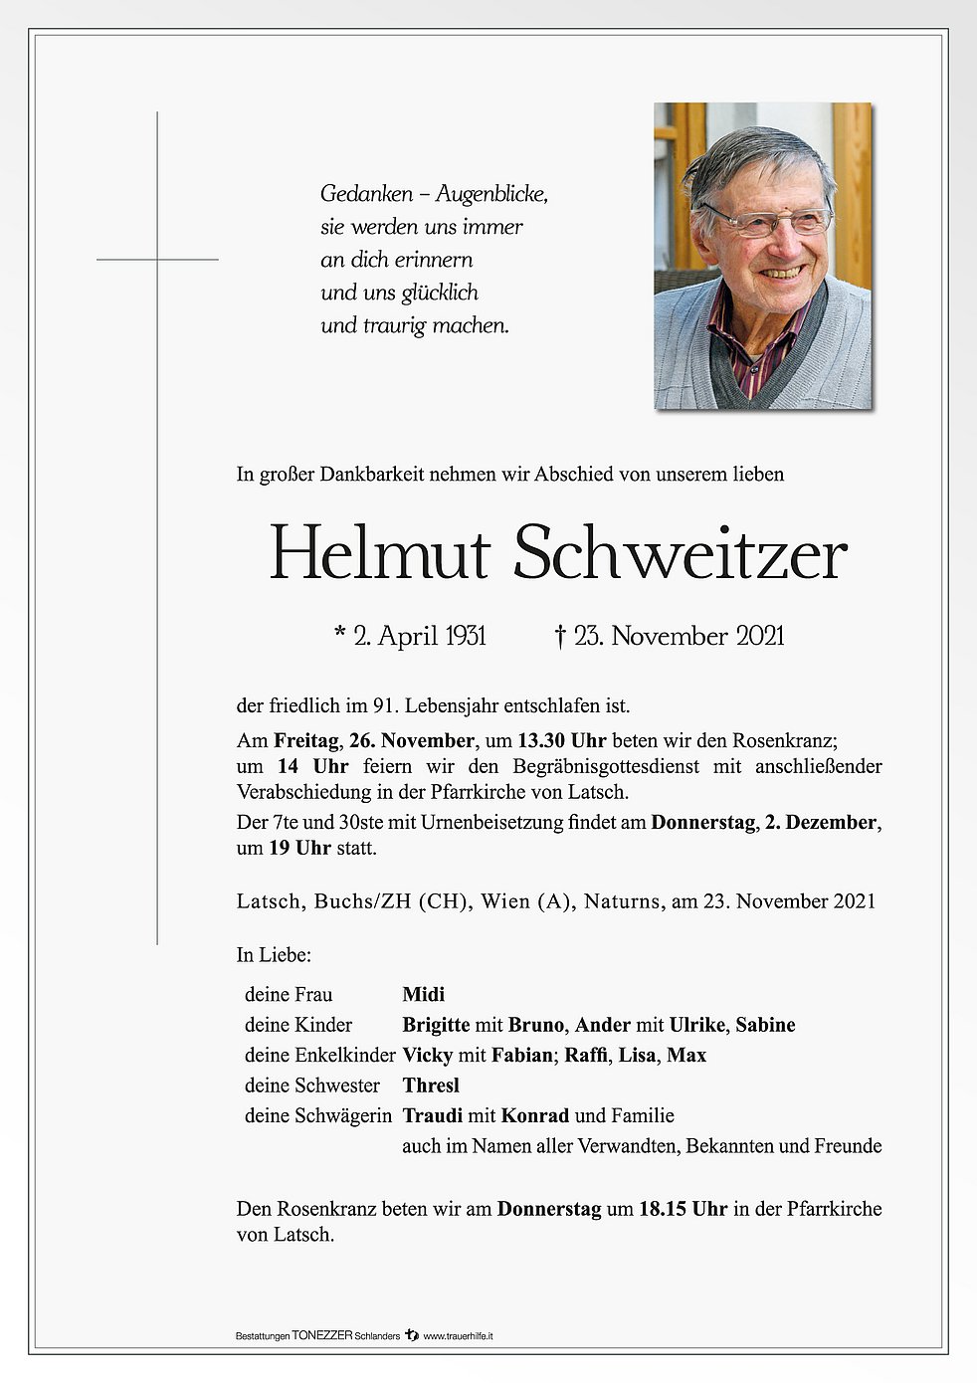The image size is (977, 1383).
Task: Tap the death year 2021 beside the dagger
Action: [760, 636]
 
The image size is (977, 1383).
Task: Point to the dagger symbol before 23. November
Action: [560, 636]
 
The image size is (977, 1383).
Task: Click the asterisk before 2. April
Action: [340, 634]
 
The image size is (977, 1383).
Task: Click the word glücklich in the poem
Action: [441, 294]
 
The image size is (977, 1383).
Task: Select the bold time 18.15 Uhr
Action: [683, 1209]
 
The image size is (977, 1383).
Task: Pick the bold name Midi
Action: [424, 994]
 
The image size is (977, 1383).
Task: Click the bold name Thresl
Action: [431, 1085]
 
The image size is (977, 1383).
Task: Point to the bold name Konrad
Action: [535, 1115]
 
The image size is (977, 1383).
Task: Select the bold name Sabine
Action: [765, 1025]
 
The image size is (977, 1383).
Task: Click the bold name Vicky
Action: [428, 1055]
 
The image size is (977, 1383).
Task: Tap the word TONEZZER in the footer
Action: [323, 1335]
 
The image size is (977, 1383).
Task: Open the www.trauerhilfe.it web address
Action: [458, 1335]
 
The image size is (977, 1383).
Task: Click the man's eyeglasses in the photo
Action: [767, 219]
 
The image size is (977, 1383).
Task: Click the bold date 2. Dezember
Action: [821, 823]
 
